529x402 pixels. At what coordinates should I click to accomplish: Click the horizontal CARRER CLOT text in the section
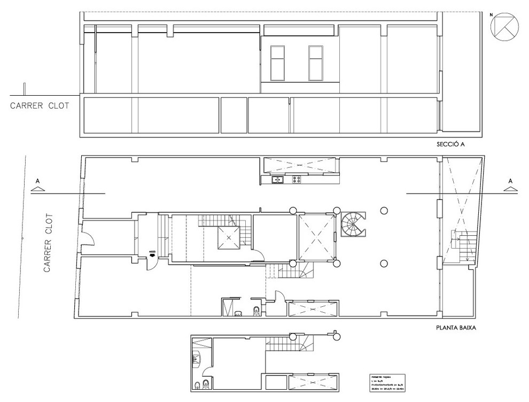pyautogui.click(x=40, y=105)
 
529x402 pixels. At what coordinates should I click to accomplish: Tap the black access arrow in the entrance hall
pyautogui.click(x=152, y=256)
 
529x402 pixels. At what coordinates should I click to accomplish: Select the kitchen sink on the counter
pyautogui.click(x=277, y=180)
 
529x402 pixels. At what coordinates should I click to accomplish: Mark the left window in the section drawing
pyautogui.click(x=277, y=63)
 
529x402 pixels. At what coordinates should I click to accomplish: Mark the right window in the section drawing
pyautogui.click(x=315, y=63)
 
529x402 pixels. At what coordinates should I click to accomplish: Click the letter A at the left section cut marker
pyautogui.click(x=37, y=182)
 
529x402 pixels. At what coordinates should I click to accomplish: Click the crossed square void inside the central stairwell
pyautogui.click(x=229, y=237)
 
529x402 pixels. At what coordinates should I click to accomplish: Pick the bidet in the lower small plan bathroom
pyautogui.click(x=207, y=385)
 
